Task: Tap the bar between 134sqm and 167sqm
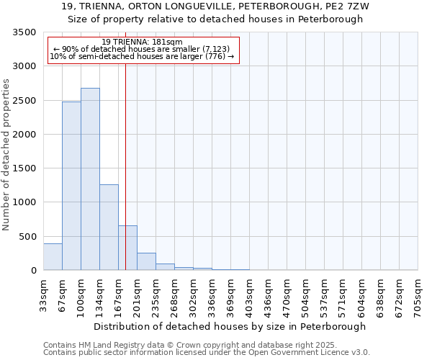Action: click(109, 227)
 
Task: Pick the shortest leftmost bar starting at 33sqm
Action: click(53, 257)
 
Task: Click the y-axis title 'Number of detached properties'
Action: click(7, 155)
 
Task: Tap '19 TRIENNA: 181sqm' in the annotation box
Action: click(143, 42)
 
